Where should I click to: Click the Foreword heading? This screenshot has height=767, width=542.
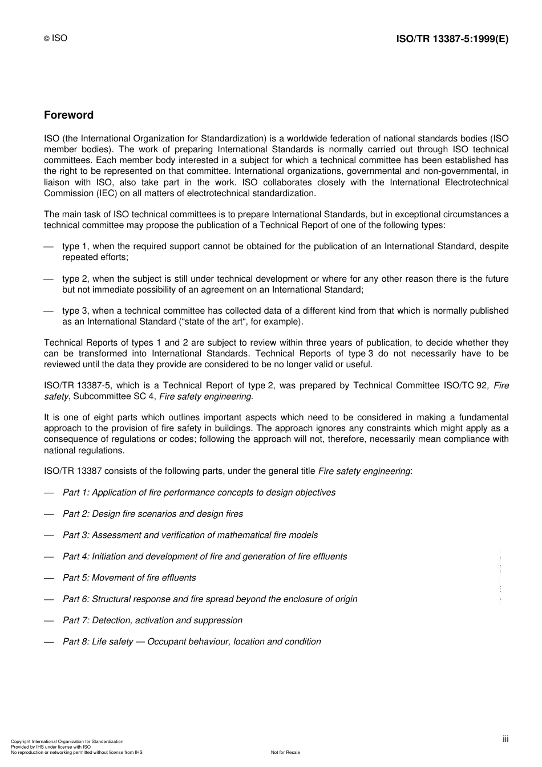click(x=68, y=115)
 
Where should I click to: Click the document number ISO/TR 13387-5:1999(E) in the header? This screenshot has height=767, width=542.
click(x=452, y=39)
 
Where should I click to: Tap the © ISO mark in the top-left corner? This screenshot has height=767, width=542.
click(x=56, y=38)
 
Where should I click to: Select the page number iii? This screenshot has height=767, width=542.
click(x=505, y=739)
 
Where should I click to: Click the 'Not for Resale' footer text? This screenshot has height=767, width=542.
click(x=285, y=752)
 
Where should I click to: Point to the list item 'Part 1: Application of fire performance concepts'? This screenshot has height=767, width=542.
click(x=199, y=493)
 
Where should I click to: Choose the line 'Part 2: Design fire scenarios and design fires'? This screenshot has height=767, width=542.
click(x=152, y=514)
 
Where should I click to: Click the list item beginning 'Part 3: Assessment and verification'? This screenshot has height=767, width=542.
click(x=190, y=535)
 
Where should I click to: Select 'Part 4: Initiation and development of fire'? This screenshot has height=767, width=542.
click(x=204, y=557)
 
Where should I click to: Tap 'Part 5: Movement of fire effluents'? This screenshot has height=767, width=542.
click(x=129, y=578)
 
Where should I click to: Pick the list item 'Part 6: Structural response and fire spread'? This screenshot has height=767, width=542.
click(x=210, y=599)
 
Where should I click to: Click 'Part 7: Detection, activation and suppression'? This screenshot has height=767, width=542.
click(x=152, y=620)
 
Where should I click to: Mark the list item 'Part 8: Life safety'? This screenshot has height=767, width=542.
click(x=192, y=642)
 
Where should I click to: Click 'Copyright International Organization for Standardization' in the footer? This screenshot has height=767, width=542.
click(x=67, y=741)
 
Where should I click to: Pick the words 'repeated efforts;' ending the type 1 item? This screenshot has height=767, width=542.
click(x=95, y=257)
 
